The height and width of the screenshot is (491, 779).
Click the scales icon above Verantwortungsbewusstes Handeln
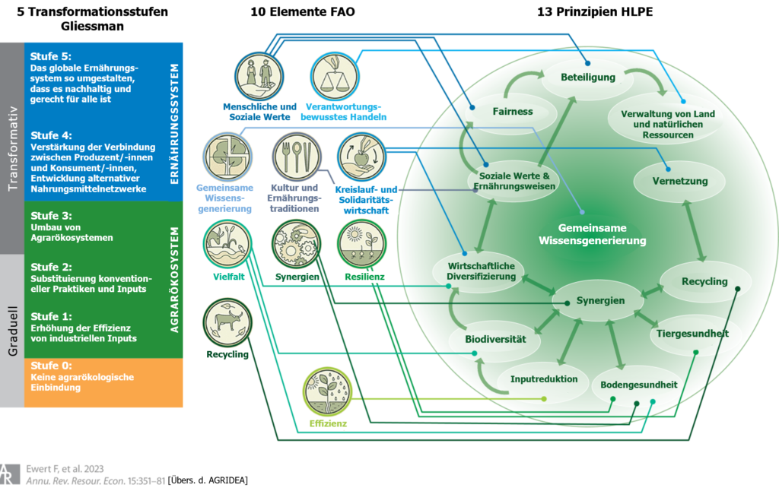point(335,77)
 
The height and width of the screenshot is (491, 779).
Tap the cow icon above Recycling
point(227,323)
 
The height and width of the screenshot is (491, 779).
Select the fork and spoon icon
point(297,157)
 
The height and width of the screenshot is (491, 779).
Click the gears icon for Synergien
point(297,244)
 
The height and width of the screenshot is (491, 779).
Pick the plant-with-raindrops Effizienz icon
point(327,391)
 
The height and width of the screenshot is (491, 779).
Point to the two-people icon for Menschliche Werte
point(259,77)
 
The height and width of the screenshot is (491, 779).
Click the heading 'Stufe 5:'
point(51,56)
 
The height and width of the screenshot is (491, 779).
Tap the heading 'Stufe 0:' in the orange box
point(51,366)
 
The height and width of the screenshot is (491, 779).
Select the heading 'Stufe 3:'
point(51,216)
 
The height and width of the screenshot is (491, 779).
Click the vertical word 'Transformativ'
point(12,148)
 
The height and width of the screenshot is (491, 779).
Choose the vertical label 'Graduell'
point(12,331)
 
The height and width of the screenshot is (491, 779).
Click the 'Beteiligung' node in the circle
point(588,78)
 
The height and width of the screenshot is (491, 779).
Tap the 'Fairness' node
point(513,112)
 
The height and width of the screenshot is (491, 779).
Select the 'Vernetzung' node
point(680,181)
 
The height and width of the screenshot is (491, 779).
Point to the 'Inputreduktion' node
point(544,379)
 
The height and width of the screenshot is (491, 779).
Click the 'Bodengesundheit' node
point(639,385)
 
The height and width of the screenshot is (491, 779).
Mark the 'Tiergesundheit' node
point(692,334)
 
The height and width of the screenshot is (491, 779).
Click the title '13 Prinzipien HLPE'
point(595,12)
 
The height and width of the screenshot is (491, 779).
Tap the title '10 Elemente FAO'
point(303,12)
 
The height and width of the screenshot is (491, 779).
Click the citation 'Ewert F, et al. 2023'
point(65,469)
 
